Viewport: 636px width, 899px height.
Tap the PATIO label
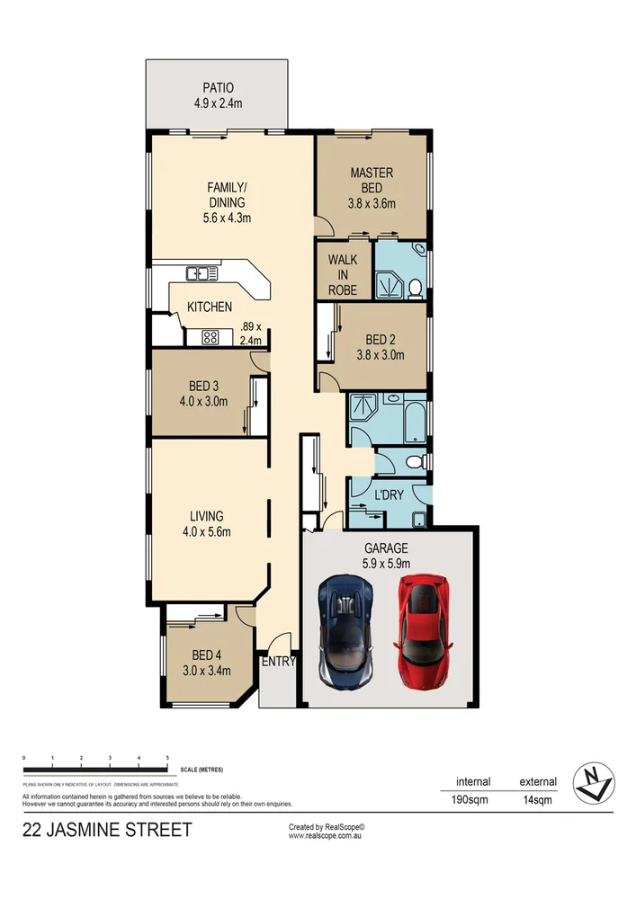[218, 88]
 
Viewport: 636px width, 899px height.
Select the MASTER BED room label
[372, 180]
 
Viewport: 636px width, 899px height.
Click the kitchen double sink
[198, 273]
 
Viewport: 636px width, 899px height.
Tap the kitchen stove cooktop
[211, 338]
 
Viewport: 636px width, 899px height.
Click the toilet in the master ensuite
[415, 288]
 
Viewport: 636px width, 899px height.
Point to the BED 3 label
[193, 387]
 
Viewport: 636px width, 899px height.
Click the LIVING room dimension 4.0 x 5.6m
[206, 531]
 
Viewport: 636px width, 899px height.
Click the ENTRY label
[278, 662]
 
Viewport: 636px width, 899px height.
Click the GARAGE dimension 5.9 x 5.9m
[386, 563]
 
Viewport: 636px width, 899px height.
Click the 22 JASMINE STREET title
[107, 830]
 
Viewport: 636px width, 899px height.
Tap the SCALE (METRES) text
[202, 770]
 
